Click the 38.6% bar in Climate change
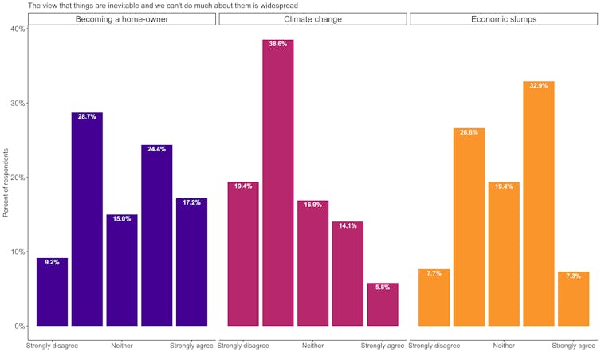tap(277, 183)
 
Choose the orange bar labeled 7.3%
tap(573, 299)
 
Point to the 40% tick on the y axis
tap(16, 29)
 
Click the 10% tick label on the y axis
tap(16, 252)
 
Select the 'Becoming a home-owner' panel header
tap(122, 18)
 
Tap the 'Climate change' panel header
tap(312, 18)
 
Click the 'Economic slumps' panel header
tap(503, 18)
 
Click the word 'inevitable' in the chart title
tap(111, 5)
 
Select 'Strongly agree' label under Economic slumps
tap(574, 346)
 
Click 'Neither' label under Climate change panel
tap(312, 346)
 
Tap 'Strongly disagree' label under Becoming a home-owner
tap(52, 346)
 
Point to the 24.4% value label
tap(156, 149)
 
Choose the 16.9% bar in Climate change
tap(312, 263)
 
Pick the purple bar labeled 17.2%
tap(191, 262)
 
